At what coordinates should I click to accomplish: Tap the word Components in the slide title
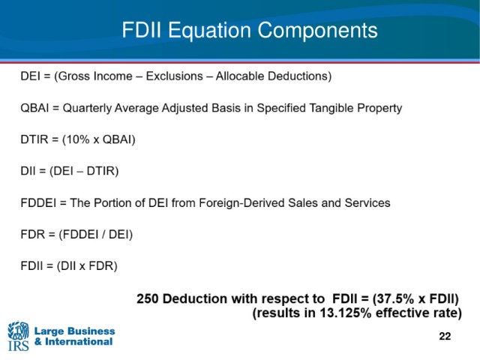pyautogui.click(x=317, y=31)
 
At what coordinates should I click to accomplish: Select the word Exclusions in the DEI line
pyautogui.click(x=175, y=76)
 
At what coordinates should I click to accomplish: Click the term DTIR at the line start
pyautogui.click(x=34, y=139)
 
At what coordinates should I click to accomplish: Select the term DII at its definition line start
pyautogui.click(x=28, y=171)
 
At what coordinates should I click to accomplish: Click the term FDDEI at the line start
pyautogui.click(x=38, y=203)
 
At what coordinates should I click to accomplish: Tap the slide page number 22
pyautogui.click(x=445, y=336)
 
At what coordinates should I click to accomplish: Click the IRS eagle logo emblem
pyautogui.click(x=18, y=331)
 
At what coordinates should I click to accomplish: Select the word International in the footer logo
pyautogui.click(x=79, y=342)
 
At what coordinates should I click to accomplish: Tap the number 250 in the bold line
pyautogui.click(x=148, y=298)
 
